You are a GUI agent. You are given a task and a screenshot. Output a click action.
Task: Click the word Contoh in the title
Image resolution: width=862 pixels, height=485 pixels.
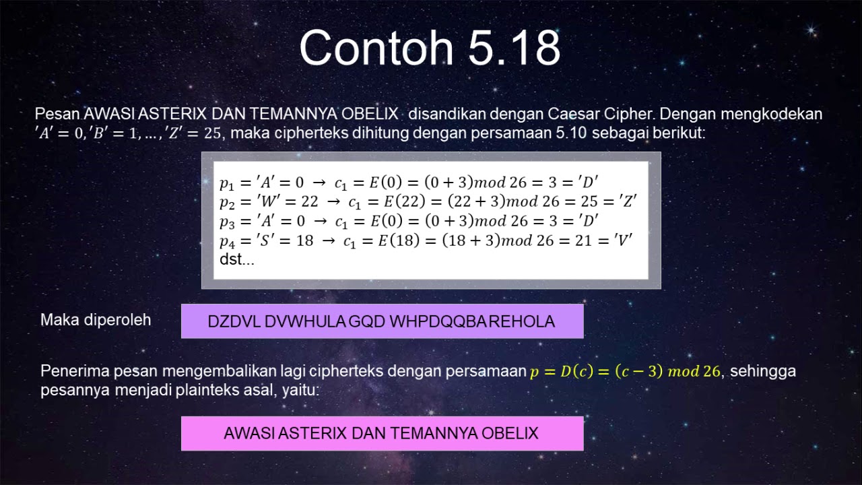[366, 48]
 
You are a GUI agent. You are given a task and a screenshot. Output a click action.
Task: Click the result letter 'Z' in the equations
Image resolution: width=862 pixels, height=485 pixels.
[626, 201]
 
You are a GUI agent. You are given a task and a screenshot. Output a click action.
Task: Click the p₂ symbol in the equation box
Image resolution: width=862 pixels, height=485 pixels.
[228, 202]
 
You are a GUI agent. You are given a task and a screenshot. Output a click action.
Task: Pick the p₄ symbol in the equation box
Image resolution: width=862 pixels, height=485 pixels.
[228, 241]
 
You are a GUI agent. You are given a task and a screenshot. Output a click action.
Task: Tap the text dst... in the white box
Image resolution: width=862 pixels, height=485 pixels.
[237, 259]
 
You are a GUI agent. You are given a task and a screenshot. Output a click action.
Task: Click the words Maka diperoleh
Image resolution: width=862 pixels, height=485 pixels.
[96, 320]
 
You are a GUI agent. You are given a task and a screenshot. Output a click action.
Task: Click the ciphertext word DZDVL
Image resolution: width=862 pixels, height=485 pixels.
[234, 321]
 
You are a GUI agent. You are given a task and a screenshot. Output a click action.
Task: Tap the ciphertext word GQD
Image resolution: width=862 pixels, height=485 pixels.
[366, 321]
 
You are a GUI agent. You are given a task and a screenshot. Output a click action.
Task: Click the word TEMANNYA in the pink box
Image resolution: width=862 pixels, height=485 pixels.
[434, 433]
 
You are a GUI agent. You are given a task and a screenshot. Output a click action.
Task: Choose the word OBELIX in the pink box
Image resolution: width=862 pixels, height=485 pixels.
[510, 433]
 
